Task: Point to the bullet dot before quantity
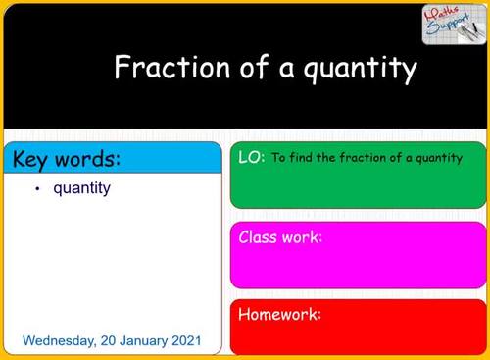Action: pos(36,188)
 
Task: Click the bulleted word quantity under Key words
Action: pos(81,187)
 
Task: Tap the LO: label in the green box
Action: pos(251,156)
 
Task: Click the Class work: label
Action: pos(280,237)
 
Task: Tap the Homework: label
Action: pos(280,315)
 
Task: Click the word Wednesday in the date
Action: pos(59,341)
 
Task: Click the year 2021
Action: pos(186,341)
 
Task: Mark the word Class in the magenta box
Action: pos(258,237)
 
